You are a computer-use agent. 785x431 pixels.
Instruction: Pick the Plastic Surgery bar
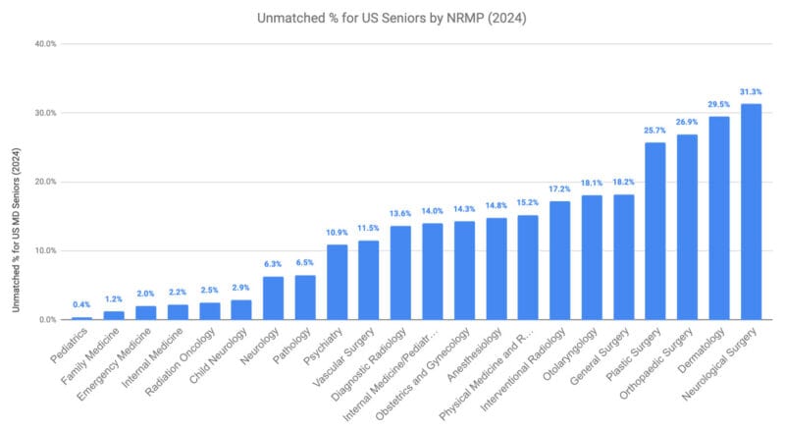pos(655,231)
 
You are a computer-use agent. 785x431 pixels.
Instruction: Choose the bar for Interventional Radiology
pos(559,260)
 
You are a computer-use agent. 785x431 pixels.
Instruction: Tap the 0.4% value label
pos(81,305)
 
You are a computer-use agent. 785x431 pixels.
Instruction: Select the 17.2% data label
pos(559,189)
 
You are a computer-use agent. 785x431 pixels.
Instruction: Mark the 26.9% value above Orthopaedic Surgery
pos(687,123)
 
